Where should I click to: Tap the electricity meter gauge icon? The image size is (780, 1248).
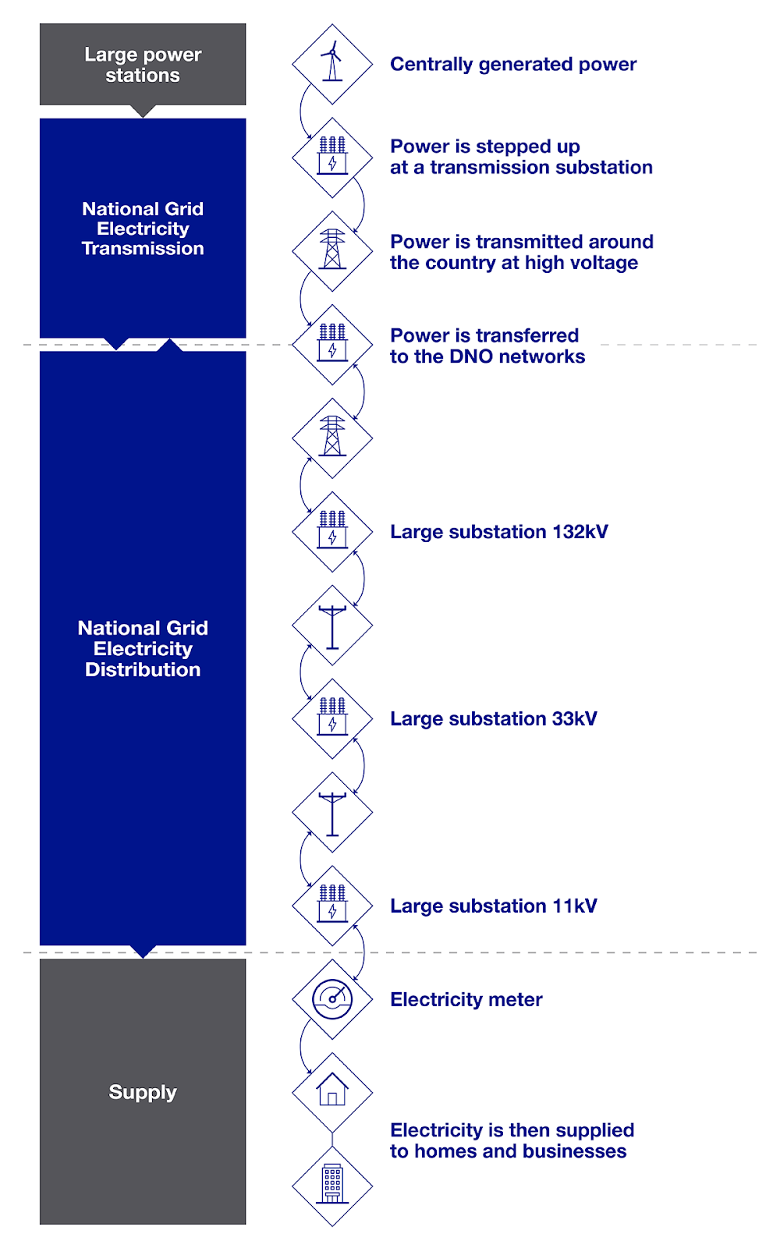(x=332, y=999)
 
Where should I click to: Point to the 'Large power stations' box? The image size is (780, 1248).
(x=143, y=65)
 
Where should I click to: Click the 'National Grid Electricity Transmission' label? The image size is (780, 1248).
(x=143, y=229)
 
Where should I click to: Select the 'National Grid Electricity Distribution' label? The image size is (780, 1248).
(x=143, y=649)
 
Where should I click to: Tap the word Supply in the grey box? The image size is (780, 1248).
(x=143, y=1092)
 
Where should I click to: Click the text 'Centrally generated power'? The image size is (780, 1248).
(x=512, y=64)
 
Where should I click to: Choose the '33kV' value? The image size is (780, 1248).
(x=574, y=718)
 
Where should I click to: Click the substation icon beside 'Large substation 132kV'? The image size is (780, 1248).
(x=332, y=531)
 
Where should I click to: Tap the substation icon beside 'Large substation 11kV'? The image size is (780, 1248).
(x=332, y=906)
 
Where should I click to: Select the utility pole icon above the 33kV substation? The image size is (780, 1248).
(x=332, y=626)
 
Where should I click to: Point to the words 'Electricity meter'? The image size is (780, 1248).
(x=466, y=999)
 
